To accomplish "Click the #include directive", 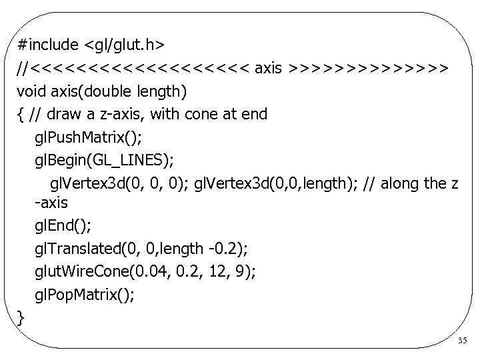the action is click(49, 44).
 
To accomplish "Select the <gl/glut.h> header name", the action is click(125, 44).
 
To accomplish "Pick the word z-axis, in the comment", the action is click(126, 114).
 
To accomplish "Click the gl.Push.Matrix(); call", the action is click(86, 137).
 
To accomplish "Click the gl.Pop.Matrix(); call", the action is click(84, 294).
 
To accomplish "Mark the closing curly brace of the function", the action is click(21, 317).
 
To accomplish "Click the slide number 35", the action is click(463, 341).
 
